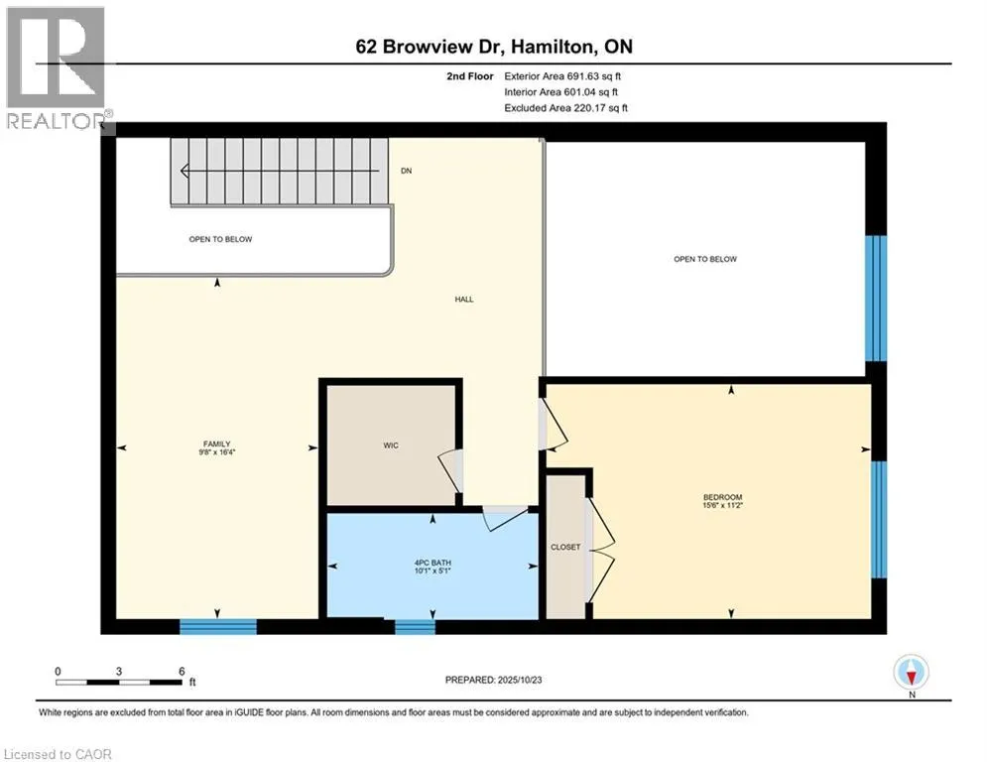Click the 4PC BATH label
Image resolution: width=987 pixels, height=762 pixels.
432,563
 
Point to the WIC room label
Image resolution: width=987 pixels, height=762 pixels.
391,445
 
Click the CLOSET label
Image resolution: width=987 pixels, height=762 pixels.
564,547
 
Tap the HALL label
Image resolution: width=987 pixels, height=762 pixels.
464,299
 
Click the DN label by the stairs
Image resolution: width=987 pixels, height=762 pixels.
406,172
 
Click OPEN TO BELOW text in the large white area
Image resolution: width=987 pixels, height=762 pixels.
705,259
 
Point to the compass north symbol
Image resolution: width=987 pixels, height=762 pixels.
910,673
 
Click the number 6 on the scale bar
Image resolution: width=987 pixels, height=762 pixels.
181,671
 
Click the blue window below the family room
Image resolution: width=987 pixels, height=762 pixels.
218,626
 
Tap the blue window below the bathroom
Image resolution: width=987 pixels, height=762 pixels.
415,626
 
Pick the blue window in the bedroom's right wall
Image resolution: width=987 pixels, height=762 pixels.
878,519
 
